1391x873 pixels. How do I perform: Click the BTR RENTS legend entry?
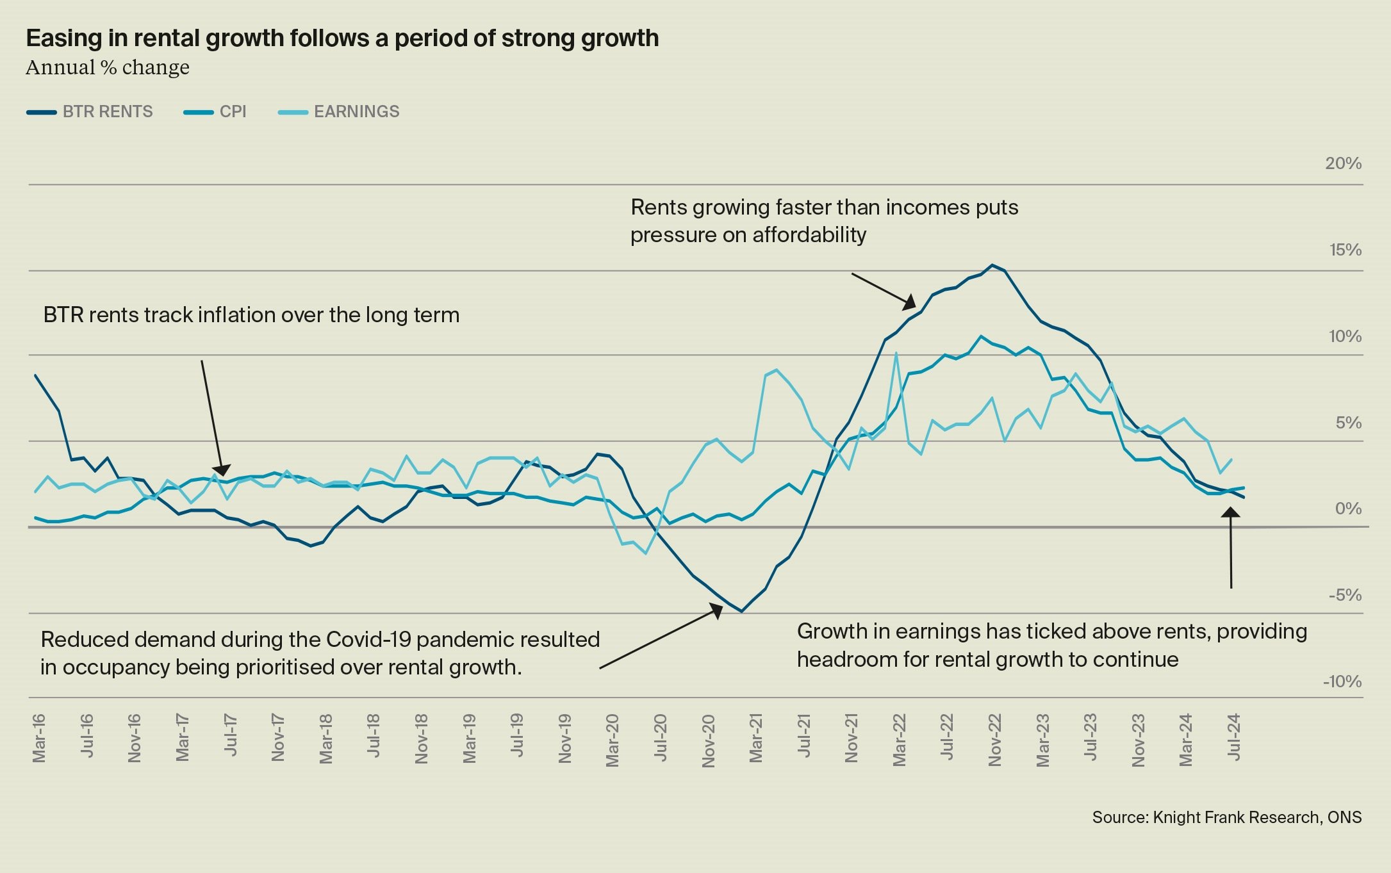click(x=90, y=112)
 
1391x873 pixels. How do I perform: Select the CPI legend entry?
click(x=215, y=112)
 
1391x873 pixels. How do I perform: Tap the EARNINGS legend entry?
click(x=339, y=112)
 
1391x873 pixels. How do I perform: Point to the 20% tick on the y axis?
click(x=1343, y=164)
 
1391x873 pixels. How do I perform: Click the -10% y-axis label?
click(x=1342, y=682)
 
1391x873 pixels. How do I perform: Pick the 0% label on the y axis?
click(x=1348, y=509)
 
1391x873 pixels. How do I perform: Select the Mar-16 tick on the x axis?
click(x=39, y=738)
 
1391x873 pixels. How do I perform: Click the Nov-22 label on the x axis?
click(x=995, y=740)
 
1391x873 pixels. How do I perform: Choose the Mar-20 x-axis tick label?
click(x=613, y=740)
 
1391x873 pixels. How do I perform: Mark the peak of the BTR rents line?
click(x=992, y=265)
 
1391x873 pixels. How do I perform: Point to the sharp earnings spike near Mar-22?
click(x=896, y=353)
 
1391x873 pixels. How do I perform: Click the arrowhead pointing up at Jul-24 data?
click(x=1230, y=512)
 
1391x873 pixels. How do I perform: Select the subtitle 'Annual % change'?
click(x=108, y=67)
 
